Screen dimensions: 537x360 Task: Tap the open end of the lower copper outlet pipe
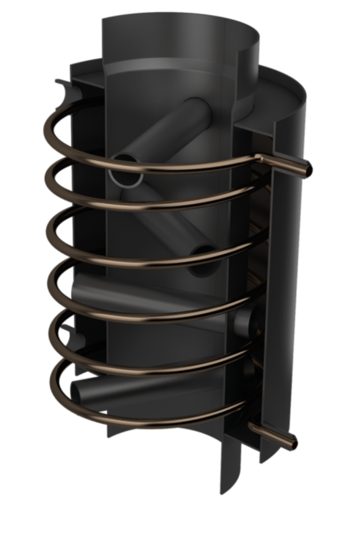point(294,443)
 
